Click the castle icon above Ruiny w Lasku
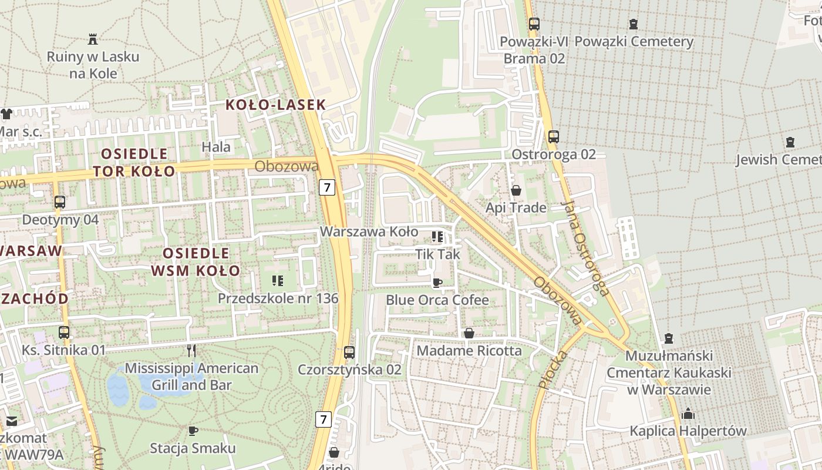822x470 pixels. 92,39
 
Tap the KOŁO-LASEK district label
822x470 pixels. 275,105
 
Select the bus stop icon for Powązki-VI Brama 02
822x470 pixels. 534,24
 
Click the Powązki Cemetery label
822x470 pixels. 634,42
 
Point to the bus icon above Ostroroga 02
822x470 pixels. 553,137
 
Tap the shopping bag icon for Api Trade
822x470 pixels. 516,190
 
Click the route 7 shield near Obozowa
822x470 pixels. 327,187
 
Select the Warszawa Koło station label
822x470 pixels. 369,231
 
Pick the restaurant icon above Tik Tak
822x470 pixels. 437,237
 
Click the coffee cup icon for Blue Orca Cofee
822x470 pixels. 437,283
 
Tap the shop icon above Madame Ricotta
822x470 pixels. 469,333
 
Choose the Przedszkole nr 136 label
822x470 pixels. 278,298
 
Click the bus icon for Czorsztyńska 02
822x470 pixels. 349,352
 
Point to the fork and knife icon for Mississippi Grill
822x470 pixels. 191,351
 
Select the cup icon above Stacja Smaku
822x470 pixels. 193,431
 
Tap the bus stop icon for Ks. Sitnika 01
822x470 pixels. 64,332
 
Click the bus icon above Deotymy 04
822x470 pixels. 59,202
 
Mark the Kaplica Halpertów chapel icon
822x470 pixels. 688,414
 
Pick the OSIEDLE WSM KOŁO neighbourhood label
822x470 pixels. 196,262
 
